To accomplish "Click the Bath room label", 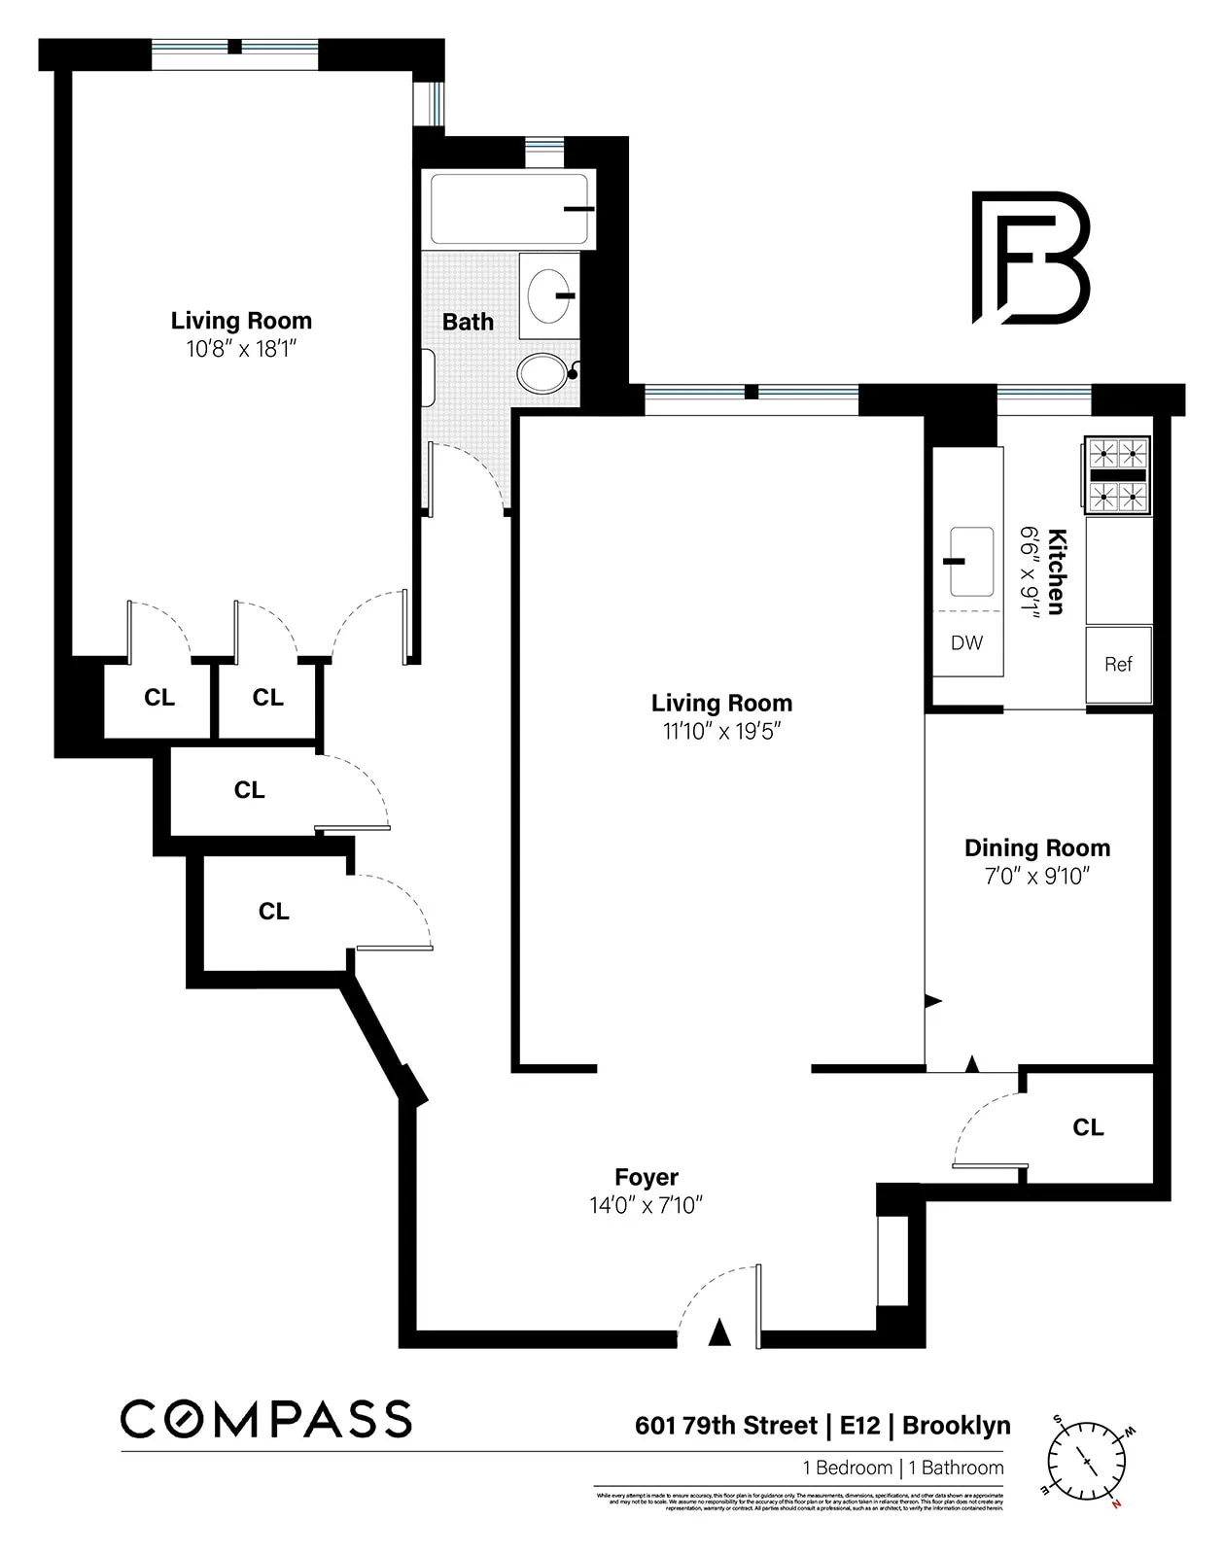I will pos(468,322).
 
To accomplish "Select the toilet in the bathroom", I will pos(544,373).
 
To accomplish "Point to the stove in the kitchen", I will pos(1117,474).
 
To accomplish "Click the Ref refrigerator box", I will pos(1118,665).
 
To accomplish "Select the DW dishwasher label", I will pos(966,642).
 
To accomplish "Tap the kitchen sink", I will pos(970,562).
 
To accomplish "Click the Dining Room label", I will pos(1036,847).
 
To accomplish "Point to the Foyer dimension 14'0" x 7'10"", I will pos(646,1206).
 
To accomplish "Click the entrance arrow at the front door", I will pos(718,1332).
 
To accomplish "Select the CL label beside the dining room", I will pos(1088,1127).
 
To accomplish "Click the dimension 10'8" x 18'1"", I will pos(241,349).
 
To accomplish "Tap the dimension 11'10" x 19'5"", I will pos(721,731).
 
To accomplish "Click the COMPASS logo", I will pos(265,1419).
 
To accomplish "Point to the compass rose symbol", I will pos(1086,1461).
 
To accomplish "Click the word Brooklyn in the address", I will pos(956,1426).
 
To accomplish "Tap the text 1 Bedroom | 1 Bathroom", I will pos(902,1468).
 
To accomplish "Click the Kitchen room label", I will pos(1057,571).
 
